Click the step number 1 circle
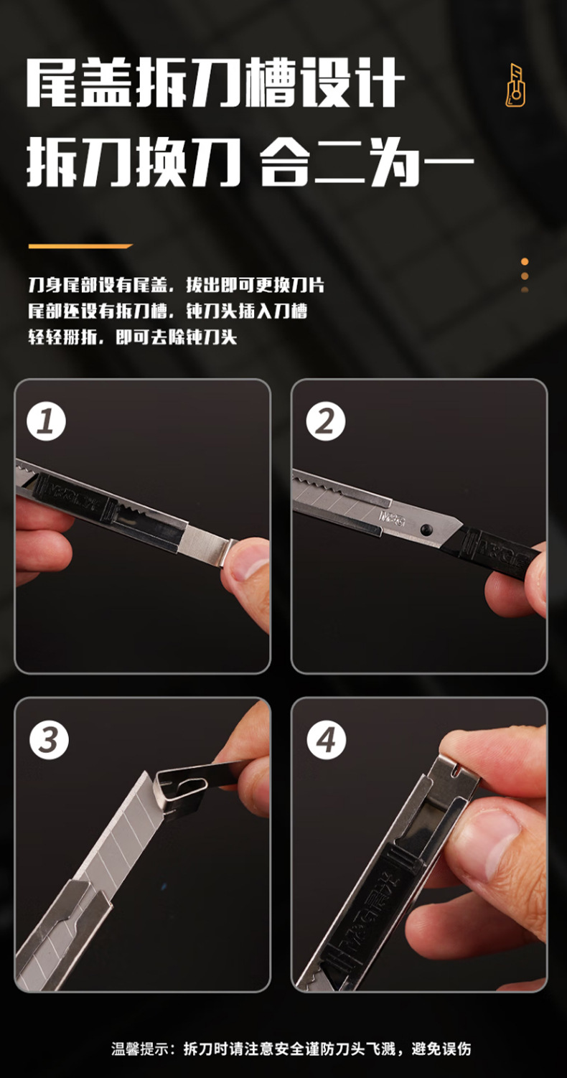click(x=46, y=421)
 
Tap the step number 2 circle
click(x=326, y=421)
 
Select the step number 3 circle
click(x=49, y=740)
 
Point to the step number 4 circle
click(x=327, y=740)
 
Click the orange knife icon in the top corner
click(x=515, y=85)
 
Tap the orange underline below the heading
click(x=80, y=246)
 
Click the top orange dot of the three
click(x=525, y=261)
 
